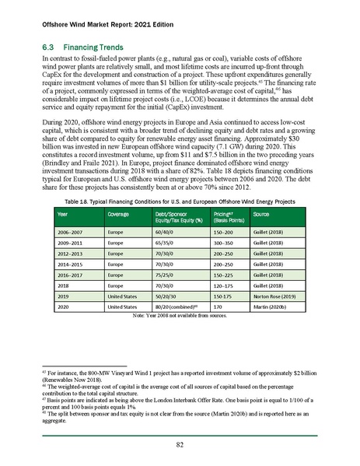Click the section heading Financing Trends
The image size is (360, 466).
coord(86,47)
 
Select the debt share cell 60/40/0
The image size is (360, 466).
coord(166,232)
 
